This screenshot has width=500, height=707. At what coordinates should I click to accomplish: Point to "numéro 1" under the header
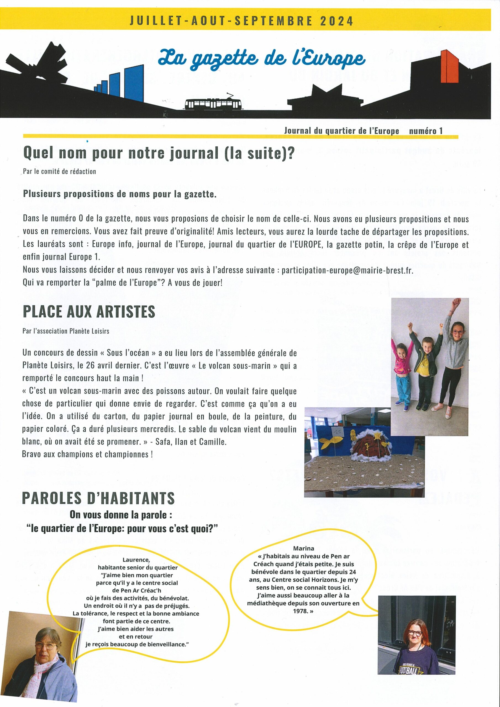click(426, 131)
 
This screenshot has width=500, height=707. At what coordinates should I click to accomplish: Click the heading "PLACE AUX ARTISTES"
click(89, 312)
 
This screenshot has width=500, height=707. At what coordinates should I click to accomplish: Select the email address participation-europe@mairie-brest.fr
click(347, 270)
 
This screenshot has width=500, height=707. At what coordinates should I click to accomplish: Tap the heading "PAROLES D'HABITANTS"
click(98, 498)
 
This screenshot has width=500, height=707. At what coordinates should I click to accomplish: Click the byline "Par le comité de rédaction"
click(59, 172)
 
